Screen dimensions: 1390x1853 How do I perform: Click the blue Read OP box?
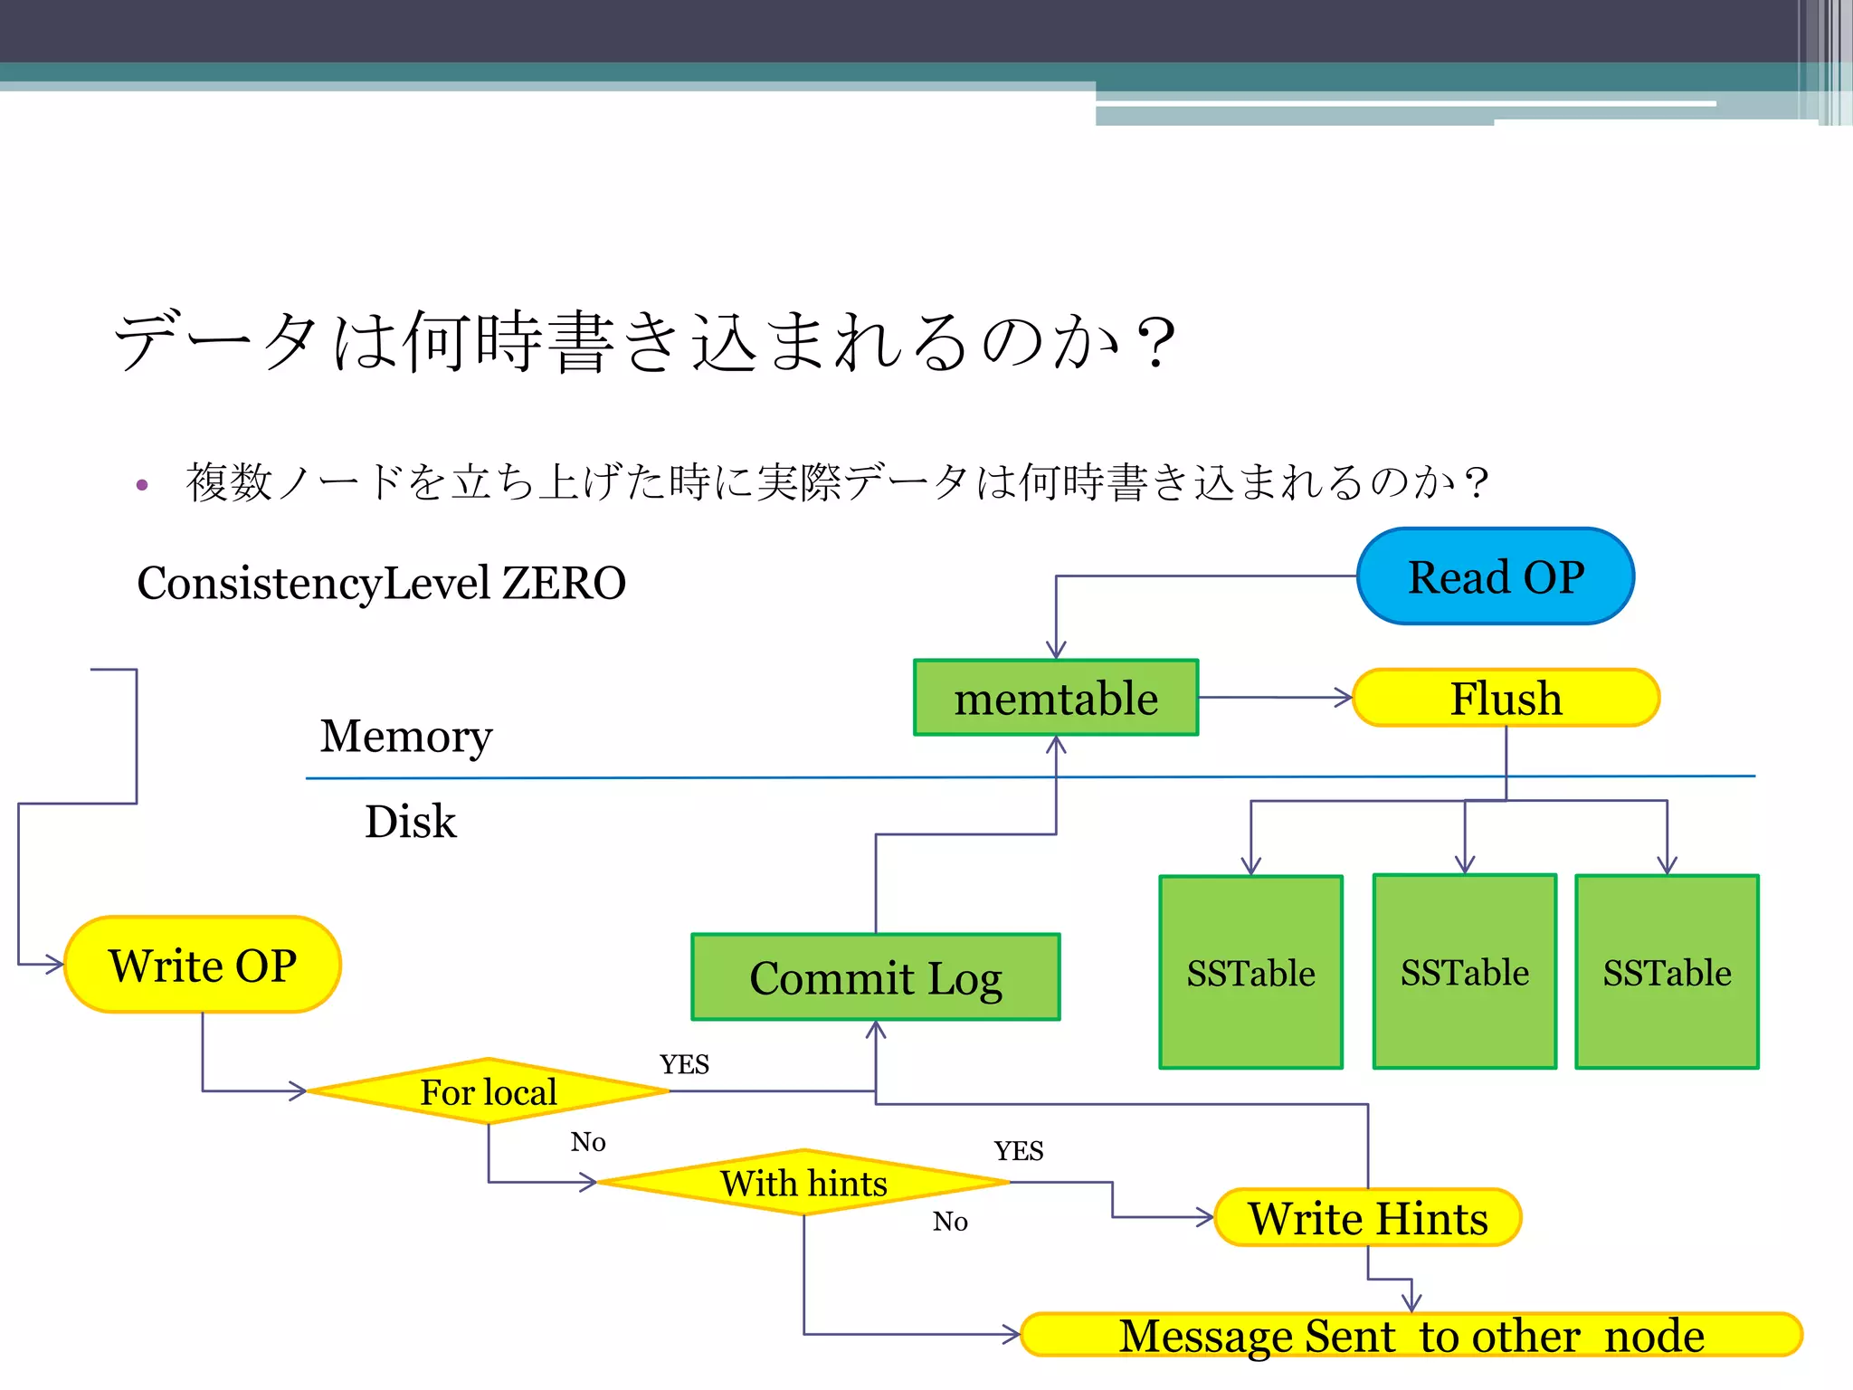(x=1496, y=576)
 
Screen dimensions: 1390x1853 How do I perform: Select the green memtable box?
(x=1056, y=698)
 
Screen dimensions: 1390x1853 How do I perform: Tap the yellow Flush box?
(x=1506, y=698)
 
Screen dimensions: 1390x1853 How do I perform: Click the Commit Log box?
(x=875, y=977)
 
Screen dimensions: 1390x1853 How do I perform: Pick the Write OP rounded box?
(x=203, y=965)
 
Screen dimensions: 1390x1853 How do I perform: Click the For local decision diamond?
(x=489, y=1091)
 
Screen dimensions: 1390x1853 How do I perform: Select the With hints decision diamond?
(x=803, y=1183)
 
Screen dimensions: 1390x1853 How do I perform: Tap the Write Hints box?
(x=1368, y=1218)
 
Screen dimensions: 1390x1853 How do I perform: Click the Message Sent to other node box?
(x=1411, y=1336)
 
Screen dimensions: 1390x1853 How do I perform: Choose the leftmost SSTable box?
(x=1250, y=973)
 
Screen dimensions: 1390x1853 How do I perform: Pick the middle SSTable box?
(x=1465, y=972)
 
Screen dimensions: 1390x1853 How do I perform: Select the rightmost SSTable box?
(x=1667, y=973)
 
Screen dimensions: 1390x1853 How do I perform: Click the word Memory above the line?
(x=406, y=736)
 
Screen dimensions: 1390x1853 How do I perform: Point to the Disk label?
(x=410, y=822)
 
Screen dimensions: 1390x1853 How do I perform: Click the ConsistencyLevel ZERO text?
(x=381, y=583)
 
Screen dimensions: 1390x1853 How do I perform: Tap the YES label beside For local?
(x=684, y=1064)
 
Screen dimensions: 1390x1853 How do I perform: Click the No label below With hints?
(x=950, y=1222)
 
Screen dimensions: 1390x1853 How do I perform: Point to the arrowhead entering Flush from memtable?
(x=1345, y=698)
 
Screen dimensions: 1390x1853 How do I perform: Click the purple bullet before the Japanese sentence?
(x=142, y=485)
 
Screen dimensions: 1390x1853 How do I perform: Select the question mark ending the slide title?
(x=1155, y=343)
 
